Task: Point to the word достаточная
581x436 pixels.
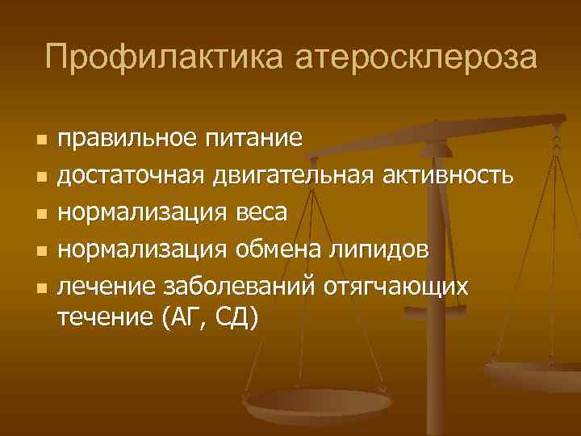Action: click(133, 175)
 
